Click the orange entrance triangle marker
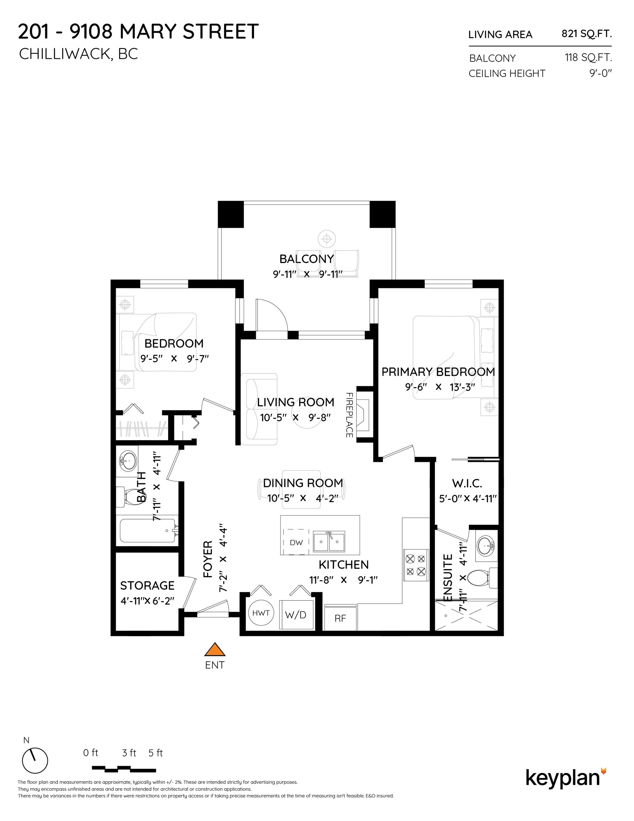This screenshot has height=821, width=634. [x=214, y=650]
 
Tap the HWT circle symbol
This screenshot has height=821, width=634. [x=261, y=613]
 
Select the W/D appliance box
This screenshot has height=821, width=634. [x=296, y=615]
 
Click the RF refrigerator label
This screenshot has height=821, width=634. [x=341, y=618]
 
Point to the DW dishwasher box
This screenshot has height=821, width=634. [x=296, y=542]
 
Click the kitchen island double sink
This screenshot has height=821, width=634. [x=329, y=542]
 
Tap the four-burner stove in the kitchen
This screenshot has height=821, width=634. [x=416, y=566]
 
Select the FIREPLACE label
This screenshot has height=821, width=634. [x=349, y=415]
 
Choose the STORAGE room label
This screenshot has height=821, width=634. [x=147, y=585]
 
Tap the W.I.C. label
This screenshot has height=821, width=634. [x=467, y=483]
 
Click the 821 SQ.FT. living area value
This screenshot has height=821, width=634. [x=586, y=34]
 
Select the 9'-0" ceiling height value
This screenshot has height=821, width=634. [x=600, y=73]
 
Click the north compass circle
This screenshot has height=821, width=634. [x=35, y=760]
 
